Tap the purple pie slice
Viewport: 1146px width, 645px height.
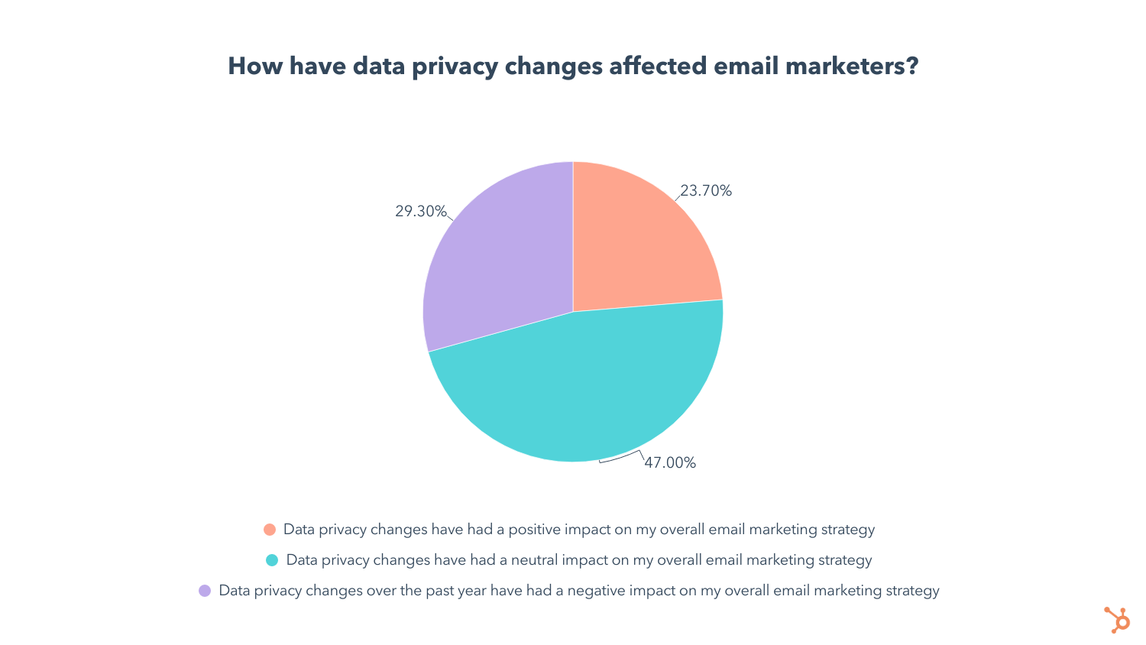tap(497, 260)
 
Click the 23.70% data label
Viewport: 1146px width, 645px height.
tap(706, 191)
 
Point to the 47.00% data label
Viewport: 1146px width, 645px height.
tap(670, 463)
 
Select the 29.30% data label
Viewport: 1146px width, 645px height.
tap(420, 212)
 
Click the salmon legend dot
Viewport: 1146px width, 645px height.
tap(270, 530)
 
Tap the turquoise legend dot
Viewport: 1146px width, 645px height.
tap(272, 560)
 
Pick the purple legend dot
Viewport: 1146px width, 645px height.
tap(205, 591)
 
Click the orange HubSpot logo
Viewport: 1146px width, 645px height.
tap(1117, 620)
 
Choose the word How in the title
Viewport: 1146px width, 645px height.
tap(254, 66)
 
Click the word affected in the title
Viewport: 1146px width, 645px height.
tap(657, 66)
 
